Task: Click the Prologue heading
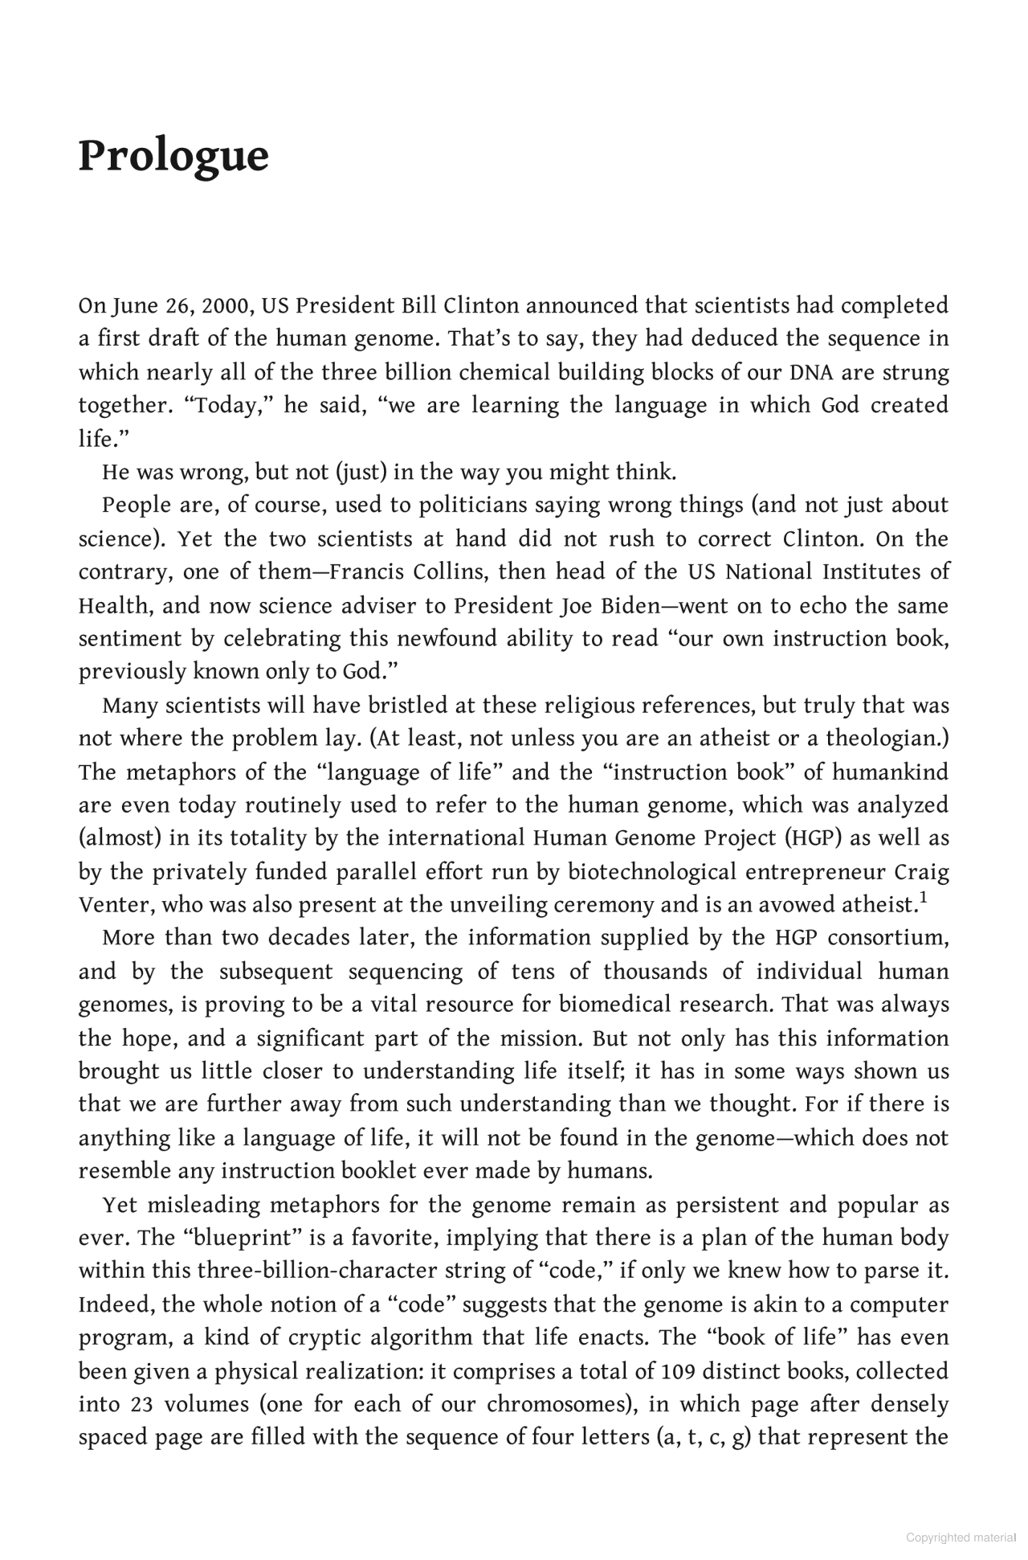click(173, 156)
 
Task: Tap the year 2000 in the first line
click(226, 306)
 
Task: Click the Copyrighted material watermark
click(961, 1537)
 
